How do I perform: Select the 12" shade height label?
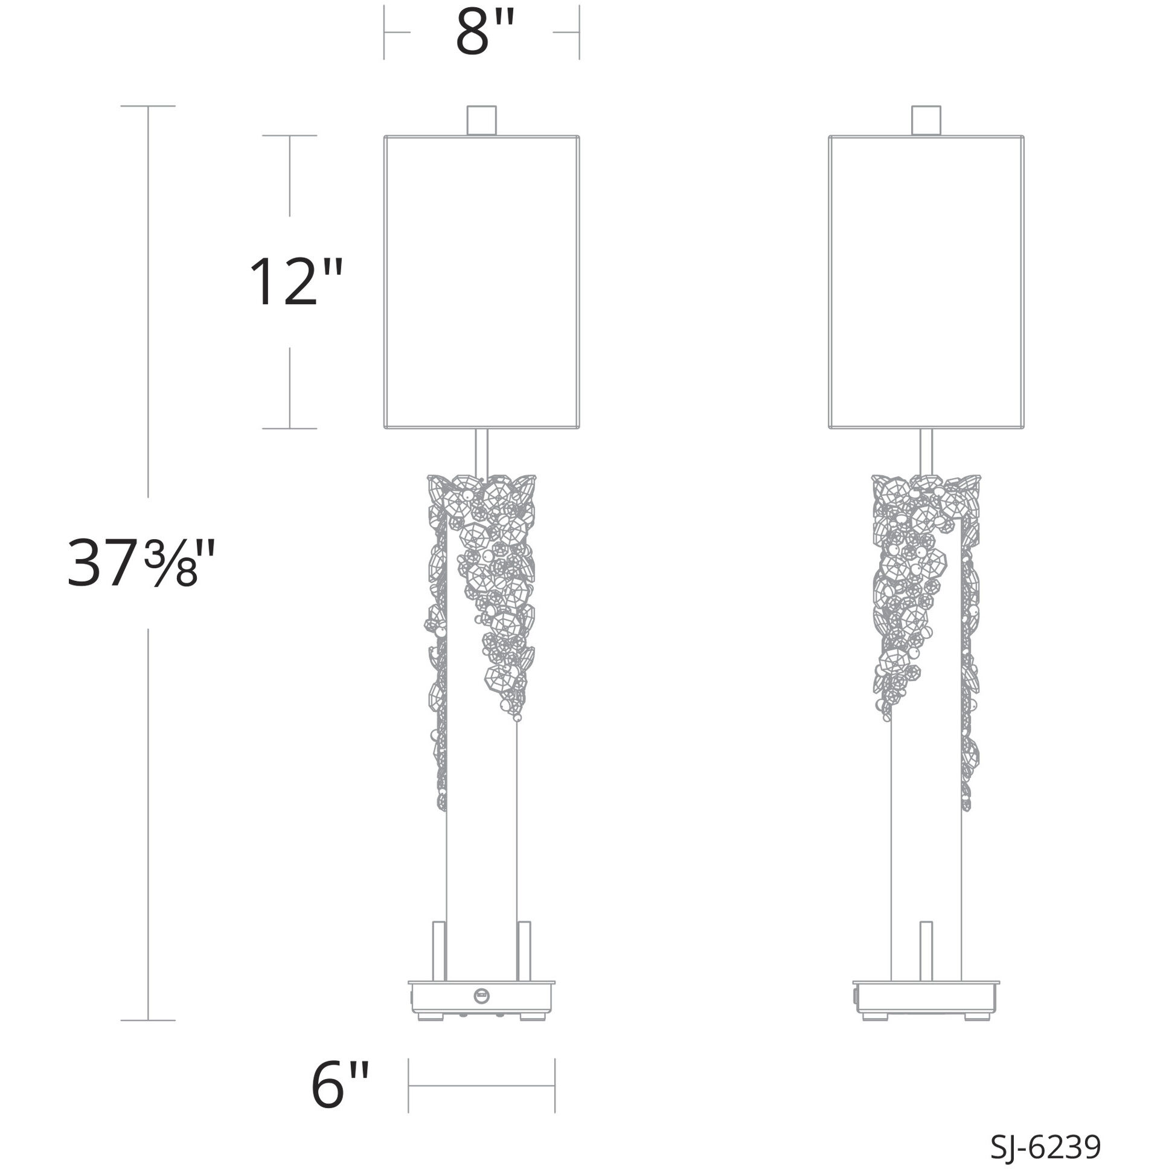pyautogui.click(x=296, y=281)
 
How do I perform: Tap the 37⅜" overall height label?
pyautogui.click(x=140, y=563)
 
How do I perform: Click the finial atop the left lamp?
pyautogui.click(x=482, y=120)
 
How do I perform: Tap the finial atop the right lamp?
pyautogui.click(x=926, y=120)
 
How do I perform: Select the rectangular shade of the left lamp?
pyautogui.click(x=482, y=282)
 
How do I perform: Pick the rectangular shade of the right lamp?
pyautogui.click(x=926, y=282)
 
